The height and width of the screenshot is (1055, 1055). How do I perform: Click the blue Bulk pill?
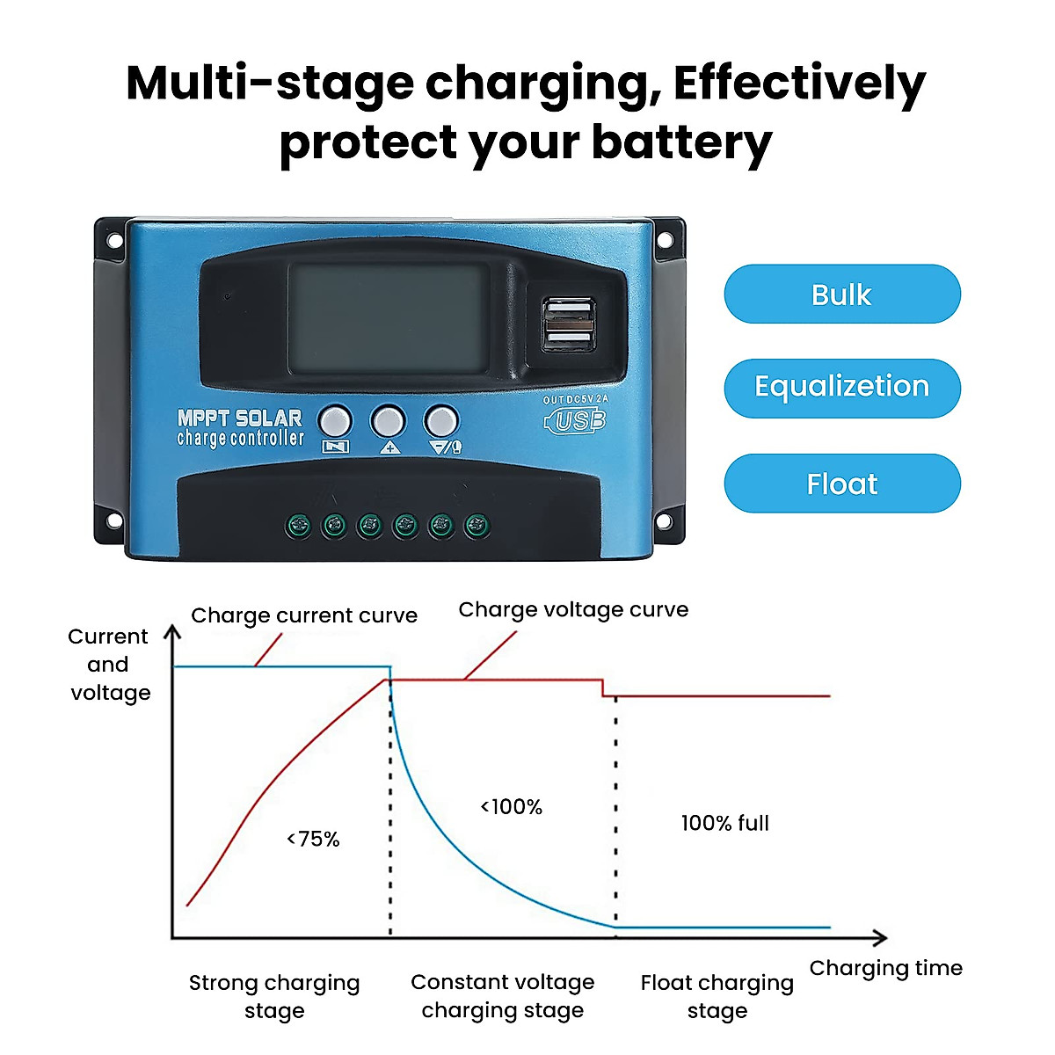pyautogui.click(x=841, y=295)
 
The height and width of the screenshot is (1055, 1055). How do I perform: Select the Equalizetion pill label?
pyautogui.click(x=841, y=387)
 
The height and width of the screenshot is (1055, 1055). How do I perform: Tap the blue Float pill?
pyautogui.click(x=841, y=484)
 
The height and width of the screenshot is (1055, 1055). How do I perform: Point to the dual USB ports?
pyautogui.click(x=568, y=324)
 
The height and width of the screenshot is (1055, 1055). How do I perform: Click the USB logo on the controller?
pyautogui.click(x=576, y=421)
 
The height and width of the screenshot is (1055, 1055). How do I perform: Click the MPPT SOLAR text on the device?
pyautogui.click(x=239, y=418)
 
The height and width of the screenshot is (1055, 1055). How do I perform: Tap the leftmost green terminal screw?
pyautogui.click(x=298, y=527)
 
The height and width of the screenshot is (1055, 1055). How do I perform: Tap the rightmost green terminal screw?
pyautogui.click(x=477, y=527)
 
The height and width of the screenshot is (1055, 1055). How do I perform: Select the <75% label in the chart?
pyautogui.click(x=313, y=839)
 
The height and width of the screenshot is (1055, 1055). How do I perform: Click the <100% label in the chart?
pyautogui.click(x=511, y=806)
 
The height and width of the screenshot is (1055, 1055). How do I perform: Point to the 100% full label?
pyautogui.click(x=724, y=823)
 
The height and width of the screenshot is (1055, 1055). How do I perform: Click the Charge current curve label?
pyautogui.click(x=304, y=615)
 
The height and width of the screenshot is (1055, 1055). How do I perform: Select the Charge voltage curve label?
pyautogui.click(x=573, y=609)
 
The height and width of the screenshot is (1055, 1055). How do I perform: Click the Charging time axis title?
pyautogui.click(x=885, y=968)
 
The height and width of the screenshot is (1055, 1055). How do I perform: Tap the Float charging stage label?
pyautogui.click(x=717, y=996)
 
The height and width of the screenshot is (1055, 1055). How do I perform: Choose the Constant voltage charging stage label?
pyautogui.click(x=502, y=996)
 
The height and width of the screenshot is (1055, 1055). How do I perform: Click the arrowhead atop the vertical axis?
pyautogui.click(x=173, y=634)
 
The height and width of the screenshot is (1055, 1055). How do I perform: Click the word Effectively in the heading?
pyautogui.click(x=799, y=83)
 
